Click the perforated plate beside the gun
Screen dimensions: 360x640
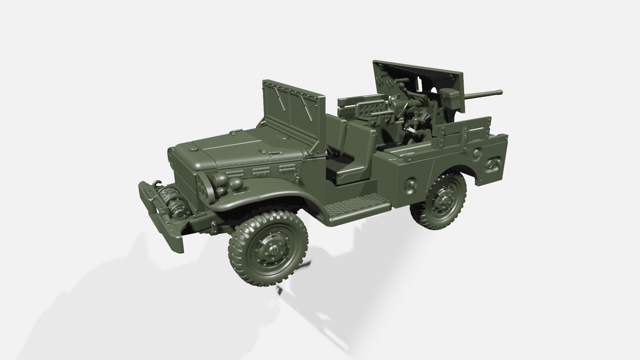point(368,108)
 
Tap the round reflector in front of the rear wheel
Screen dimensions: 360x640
point(410,186)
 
